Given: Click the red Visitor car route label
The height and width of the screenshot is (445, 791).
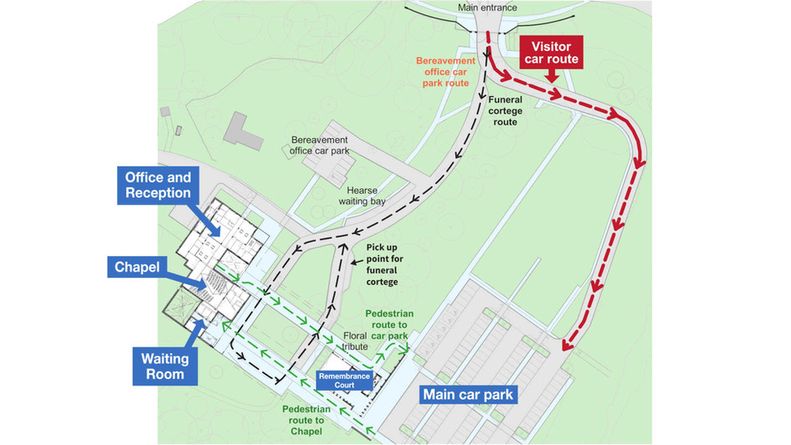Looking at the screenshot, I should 549,53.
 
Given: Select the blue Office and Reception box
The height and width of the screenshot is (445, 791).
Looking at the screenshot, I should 158,185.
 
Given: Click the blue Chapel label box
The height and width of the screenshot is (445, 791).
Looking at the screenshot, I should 137,269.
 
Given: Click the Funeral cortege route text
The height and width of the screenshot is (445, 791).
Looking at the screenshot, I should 516,110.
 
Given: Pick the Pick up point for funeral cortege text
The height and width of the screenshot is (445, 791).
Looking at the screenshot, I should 390,263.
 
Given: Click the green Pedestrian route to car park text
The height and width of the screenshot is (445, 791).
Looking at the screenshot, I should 388,325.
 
